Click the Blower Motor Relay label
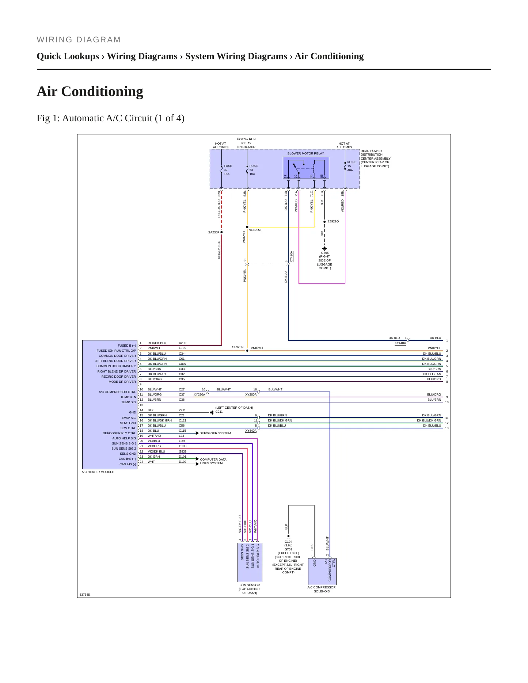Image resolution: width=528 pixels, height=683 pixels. click(x=305, y=153)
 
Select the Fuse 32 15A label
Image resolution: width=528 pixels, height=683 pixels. click(x=228, y=170)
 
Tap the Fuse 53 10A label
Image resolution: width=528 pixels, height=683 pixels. click(x=254, y=170)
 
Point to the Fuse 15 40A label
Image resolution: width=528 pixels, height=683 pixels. click(x=351, y=166)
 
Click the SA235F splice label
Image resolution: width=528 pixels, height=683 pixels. click(x=214, y=232)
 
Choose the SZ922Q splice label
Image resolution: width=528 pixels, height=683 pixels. click(x=333, y=221)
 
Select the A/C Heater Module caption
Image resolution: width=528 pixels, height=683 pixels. click(x=98, y=472)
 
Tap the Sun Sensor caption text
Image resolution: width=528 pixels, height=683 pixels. click(x=250, y=589)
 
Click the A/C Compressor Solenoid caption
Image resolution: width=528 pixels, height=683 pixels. click(x=322, y=589)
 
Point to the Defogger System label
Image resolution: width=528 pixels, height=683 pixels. click(x=215, y=433)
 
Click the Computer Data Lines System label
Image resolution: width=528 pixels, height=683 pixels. click(x=213, y=461)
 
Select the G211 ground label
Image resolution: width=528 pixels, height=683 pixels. click(x=219, y=412)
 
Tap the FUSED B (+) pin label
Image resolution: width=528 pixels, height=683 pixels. click(x=127, y=346)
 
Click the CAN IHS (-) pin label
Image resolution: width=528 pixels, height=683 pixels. click(x=128, y=464)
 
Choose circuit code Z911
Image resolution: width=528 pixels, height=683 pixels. click(x=182, y=410)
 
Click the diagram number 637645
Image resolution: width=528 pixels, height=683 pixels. click(x=84, y=595)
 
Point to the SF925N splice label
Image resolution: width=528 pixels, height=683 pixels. click(x=238, y=347)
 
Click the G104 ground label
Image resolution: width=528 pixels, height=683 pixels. click(x=288, y=542)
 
